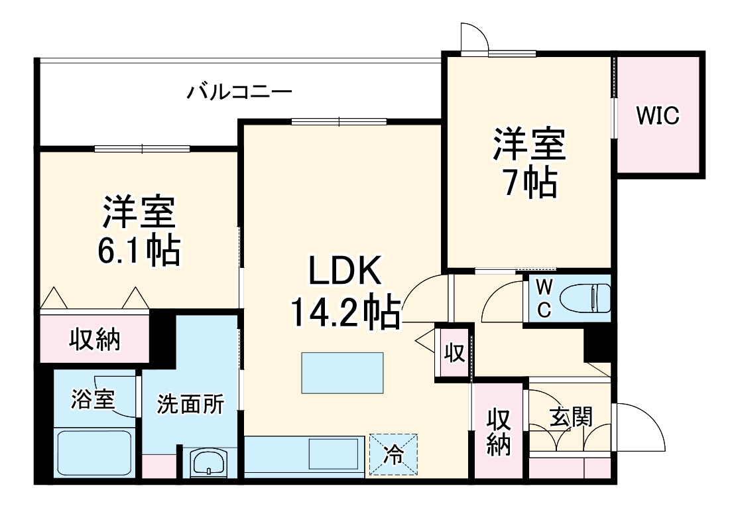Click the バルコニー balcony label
(239, 91)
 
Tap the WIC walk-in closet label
(658, 115)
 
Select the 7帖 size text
(528, 182)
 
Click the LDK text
(343, 273)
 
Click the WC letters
(543, 299)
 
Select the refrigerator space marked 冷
(395, 455)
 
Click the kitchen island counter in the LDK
(342, 373)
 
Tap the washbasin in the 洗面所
(208, 462)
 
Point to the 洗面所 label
(190, 404)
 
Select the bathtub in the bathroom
(93, 453)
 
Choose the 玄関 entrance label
(570, 416)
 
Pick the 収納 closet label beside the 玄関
(499, 431)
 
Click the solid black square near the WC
(596, 344)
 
